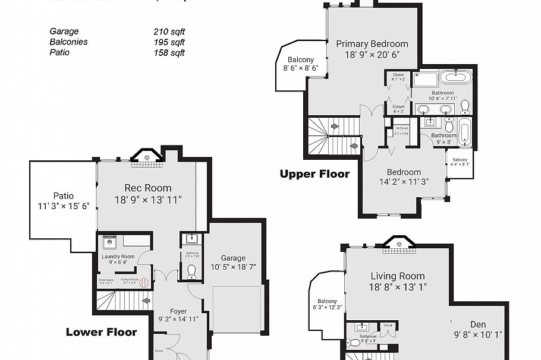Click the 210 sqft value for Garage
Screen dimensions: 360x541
[x=169, y=31]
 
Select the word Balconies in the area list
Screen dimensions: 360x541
[x=68, y=42]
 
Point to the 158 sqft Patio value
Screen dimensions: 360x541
[x=169, y=53]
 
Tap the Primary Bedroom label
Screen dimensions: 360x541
[x=372, y=44]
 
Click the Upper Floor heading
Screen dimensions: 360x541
[x=314, y=174]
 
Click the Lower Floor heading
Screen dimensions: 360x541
[x=101, y=332]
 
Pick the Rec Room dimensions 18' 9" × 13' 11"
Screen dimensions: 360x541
[x=148, y=200]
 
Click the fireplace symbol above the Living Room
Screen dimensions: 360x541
[x=400, y=242]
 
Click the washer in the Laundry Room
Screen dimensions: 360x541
[x=109, y=242]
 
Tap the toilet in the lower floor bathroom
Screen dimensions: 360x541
[x=192, y=273]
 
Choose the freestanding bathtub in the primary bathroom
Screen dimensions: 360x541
[x=455, y=77]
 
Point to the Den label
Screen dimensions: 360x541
[x=478, y=324]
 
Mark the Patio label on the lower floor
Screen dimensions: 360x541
[x=64, y=196]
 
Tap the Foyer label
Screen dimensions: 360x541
[x=178, y=310]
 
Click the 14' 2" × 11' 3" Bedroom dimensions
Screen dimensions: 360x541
[x=404, y=182]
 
